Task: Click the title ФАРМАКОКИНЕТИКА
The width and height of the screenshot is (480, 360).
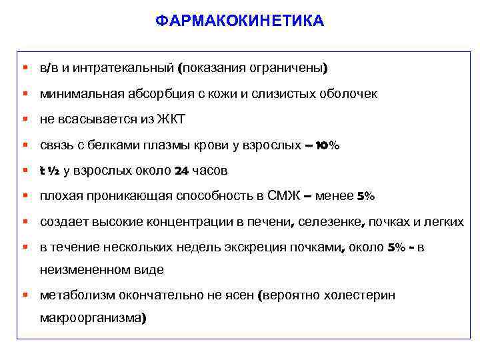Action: [240, 21]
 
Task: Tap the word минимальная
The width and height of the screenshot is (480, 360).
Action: [81, 94]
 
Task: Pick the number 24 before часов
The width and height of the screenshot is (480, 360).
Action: [181, 171]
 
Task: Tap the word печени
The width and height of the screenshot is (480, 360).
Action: [276, 222]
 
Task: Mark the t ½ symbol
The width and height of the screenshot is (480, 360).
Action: [50, 171]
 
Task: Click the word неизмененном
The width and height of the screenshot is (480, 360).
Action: [85, 270]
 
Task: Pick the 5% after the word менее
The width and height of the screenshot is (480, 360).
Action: [366, 196]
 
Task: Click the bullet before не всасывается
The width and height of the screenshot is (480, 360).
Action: [25, 119]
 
